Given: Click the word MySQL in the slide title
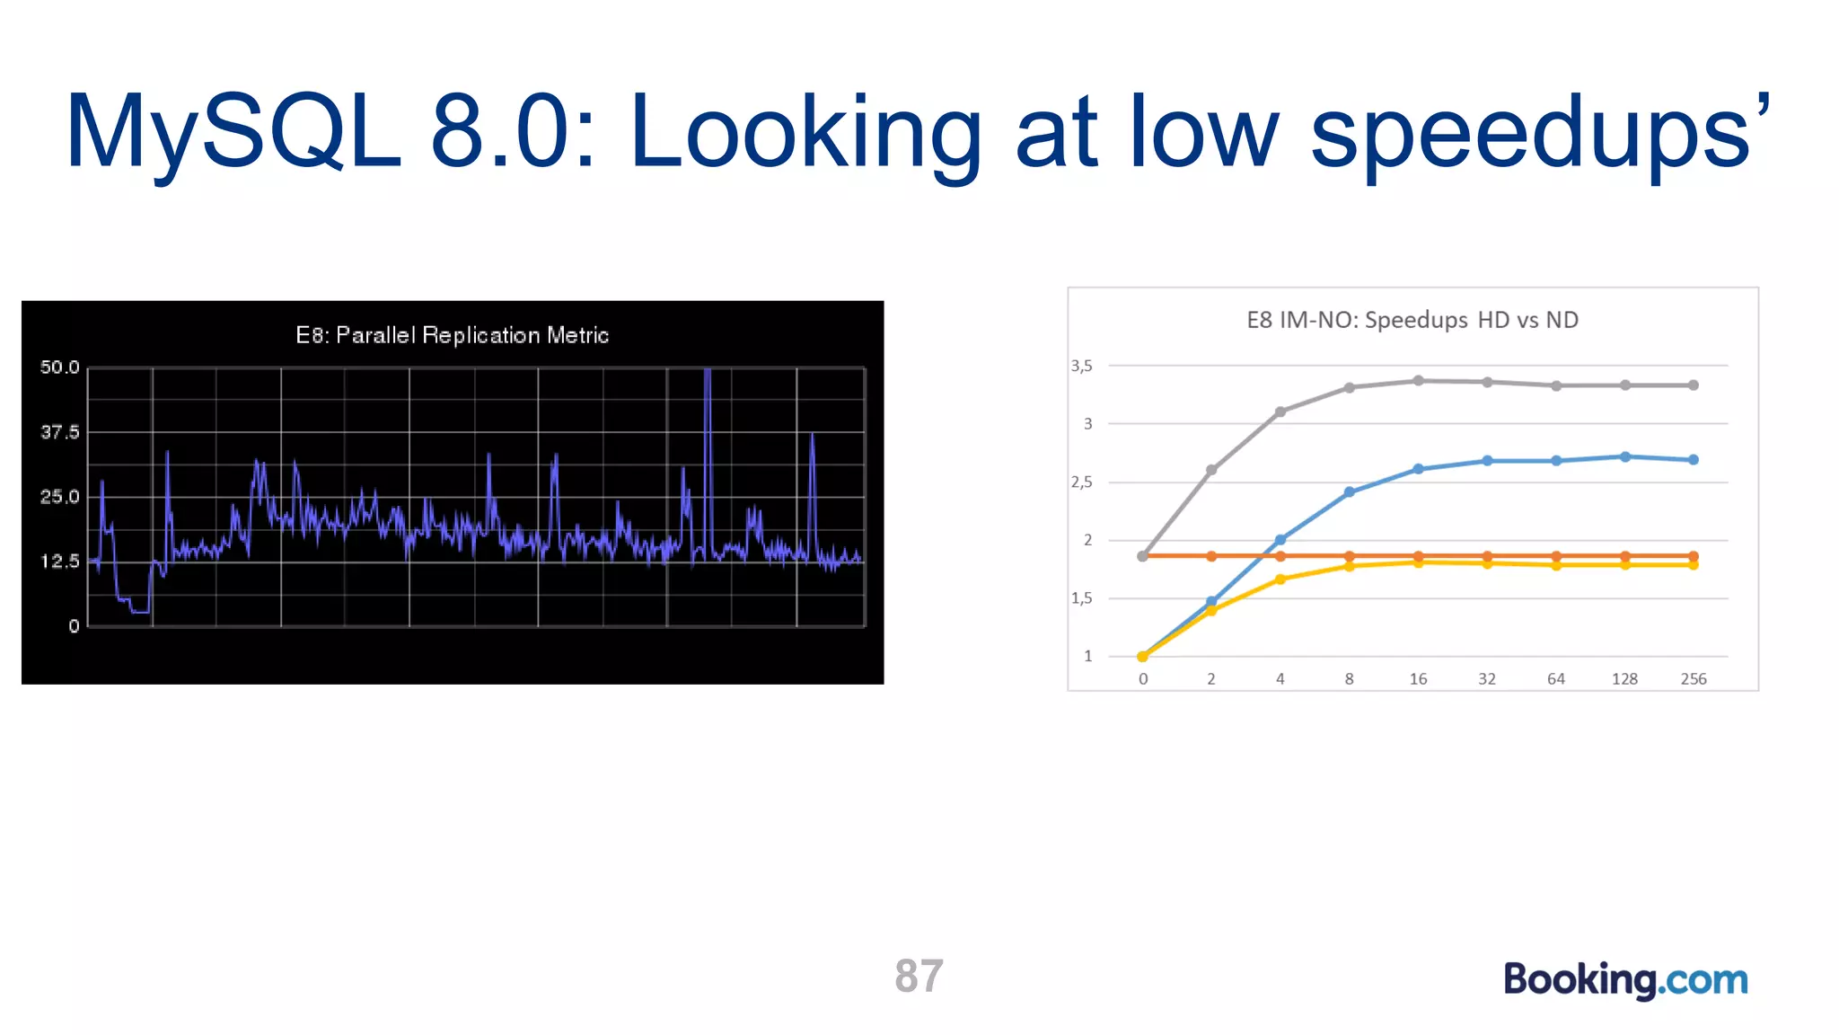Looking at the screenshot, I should pos(232,133).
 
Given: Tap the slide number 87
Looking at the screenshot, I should pos(919,976).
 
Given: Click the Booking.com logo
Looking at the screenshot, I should pos(1625,979).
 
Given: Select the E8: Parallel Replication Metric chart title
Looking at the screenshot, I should pos(452,335).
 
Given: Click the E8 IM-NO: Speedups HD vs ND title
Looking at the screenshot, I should pos(1412,320).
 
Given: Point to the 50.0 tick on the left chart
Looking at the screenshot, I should pos(59,367).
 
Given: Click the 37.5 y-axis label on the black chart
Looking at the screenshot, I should pos(59,432).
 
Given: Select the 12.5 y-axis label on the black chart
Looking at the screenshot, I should pos(59,562).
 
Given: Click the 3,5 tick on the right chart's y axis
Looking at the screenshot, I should pos(1082,366).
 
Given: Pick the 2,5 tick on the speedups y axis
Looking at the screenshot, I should pos(1082,482).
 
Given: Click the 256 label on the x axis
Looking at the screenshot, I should pos(1693,679).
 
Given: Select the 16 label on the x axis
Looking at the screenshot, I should pos(1418,679).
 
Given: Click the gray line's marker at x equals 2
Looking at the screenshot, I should pos(1211,470).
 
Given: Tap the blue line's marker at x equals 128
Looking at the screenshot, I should pos(1624,457).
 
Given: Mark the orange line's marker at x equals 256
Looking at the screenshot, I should pos(1693,556).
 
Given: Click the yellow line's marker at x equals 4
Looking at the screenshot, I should pos(1280,579).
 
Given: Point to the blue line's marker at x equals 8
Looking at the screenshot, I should pos(1349,492).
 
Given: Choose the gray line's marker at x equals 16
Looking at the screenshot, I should pos(1418,381).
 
